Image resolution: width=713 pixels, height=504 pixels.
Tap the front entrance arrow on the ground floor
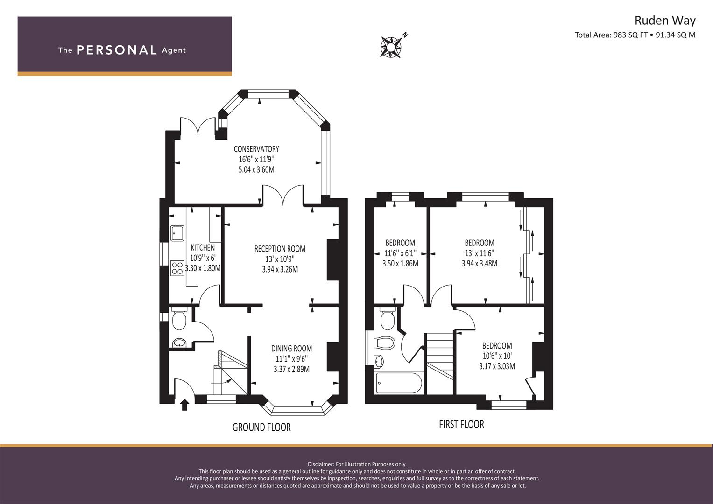pos(184,405)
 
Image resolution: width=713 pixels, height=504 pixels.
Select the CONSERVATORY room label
pos(256,149)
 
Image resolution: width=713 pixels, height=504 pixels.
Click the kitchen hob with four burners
pos(177,268)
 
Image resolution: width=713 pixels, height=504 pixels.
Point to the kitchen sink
pos(177,233)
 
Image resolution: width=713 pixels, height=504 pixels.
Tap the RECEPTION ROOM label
pos(280,249)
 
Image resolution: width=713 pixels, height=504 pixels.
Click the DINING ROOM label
pos(291,349)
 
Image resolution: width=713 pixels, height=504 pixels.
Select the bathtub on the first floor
pos(399,383)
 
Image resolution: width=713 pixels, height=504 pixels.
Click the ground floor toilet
pos(179,318)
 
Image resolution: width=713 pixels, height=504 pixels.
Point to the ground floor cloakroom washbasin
pos(179,343)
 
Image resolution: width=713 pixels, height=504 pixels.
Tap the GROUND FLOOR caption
pos(261,427)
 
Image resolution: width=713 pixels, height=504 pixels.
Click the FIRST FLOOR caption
pos(461,424)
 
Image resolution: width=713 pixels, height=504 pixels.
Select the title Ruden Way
pos(665,21)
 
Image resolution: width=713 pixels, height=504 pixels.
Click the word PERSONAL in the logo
pos(117,50)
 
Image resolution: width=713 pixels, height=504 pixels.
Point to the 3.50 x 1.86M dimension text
pos(400,264)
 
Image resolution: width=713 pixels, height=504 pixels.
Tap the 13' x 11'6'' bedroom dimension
pos(480,253)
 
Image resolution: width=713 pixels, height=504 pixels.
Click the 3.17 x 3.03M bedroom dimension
pos(497,366)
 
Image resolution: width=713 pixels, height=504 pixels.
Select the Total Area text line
pos(635,35)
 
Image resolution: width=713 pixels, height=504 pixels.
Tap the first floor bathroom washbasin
pos(380,361)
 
